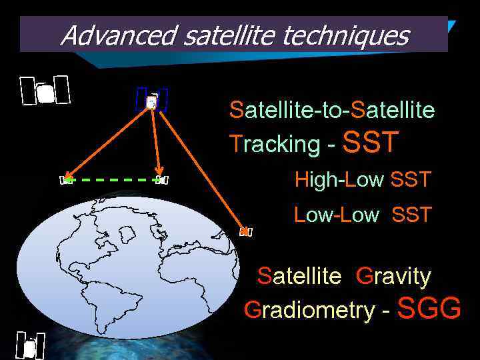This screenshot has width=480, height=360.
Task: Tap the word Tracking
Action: pos(275,144)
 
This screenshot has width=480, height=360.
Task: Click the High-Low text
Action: pos(339,179)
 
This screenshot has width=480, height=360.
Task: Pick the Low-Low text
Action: pos(336,215)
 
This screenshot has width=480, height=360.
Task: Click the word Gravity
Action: pos(393,276)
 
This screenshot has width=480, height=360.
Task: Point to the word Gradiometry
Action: pos(309,310)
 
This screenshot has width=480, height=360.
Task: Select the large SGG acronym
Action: pos(429,309)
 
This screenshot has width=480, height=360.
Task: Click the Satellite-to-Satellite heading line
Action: pos(331,109)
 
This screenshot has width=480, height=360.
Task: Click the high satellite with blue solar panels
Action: pos(151,101)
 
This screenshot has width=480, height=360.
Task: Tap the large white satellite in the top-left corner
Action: pos(45,91)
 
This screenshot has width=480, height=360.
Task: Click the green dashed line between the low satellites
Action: pos(113,179)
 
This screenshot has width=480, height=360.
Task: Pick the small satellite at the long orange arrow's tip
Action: pos(246,231)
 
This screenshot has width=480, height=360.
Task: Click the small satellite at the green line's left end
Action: pos(66,180)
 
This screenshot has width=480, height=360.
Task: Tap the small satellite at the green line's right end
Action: pos(162,179)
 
